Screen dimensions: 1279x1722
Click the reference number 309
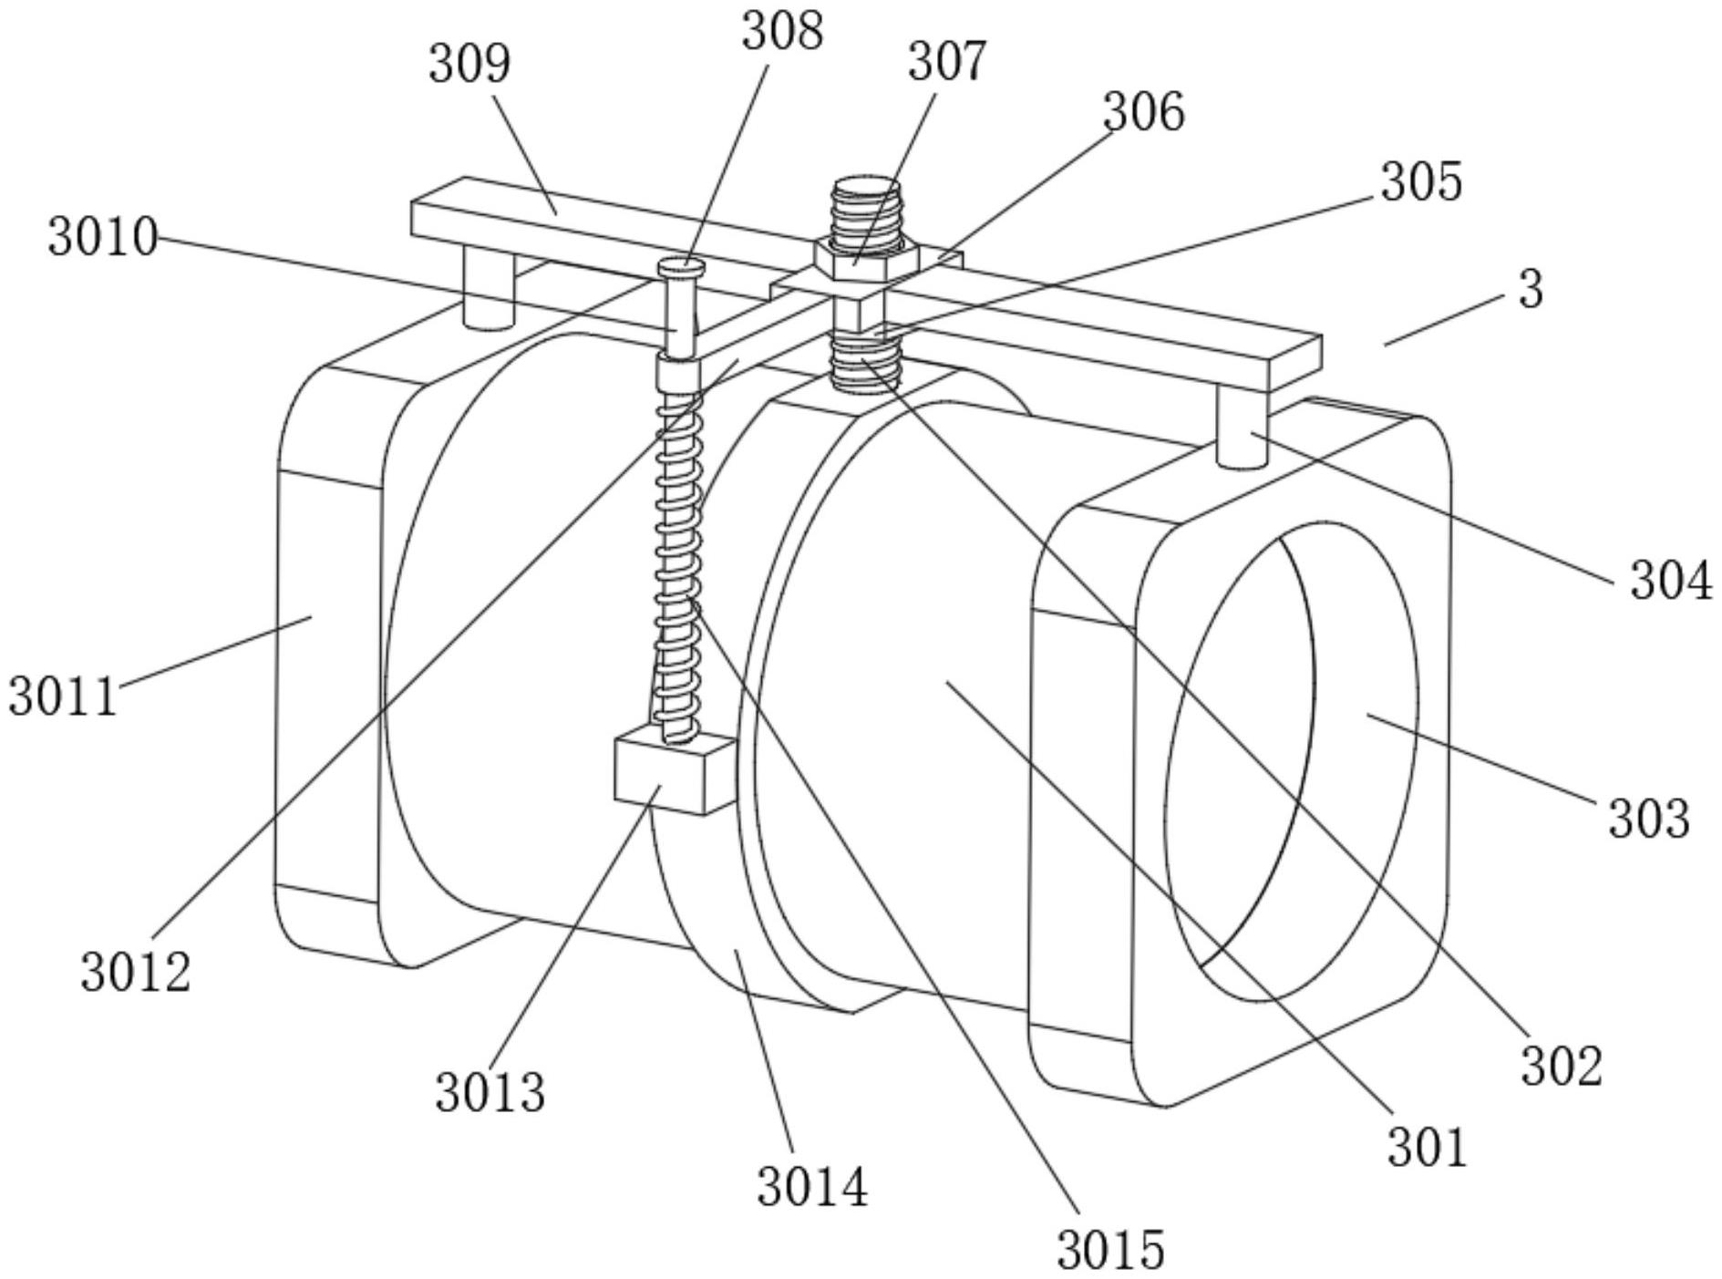[x=469, y=65]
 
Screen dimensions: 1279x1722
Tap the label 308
[x=781, y=32]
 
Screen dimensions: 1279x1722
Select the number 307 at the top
[x=946, y=62]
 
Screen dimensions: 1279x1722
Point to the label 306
[x=1143, y=113]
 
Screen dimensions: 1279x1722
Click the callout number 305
[x=1421, y=182]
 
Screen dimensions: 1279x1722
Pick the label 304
[x=1671, y=581]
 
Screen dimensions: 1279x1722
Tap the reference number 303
[x=1648, y=818]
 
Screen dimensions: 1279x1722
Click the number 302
[x=1561, y=1066]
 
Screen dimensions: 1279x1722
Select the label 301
[x=1428, y=1147]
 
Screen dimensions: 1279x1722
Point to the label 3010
[x=103, y=237]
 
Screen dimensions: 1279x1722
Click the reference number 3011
[x=64, y=697]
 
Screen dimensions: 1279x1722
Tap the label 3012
[x=136, y=972]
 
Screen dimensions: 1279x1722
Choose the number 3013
[x=490, y=1092]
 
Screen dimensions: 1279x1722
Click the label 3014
[x=812, y=1188]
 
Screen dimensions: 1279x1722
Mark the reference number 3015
[x=1110, y=1250]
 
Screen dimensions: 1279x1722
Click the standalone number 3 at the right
[x=1531, y=290]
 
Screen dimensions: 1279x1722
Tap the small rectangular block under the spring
[x=672, y=772]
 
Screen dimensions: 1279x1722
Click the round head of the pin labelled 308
[x=681, y=267]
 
